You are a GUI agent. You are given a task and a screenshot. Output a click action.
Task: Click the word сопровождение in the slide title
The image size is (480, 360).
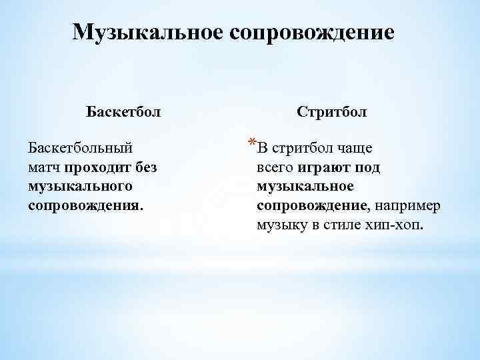313,33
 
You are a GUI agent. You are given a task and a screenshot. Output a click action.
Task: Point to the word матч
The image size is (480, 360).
45,166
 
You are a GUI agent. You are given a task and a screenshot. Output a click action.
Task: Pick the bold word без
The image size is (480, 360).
146,166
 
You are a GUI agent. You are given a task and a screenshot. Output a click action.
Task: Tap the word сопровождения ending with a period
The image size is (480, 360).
85,204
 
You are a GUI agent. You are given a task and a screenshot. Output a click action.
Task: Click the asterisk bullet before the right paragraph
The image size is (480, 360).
251,143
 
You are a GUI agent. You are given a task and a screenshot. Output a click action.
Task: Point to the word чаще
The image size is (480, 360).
354,147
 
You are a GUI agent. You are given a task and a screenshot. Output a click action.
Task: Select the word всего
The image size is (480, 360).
273,167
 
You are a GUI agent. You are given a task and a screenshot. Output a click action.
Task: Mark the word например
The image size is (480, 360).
407,205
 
